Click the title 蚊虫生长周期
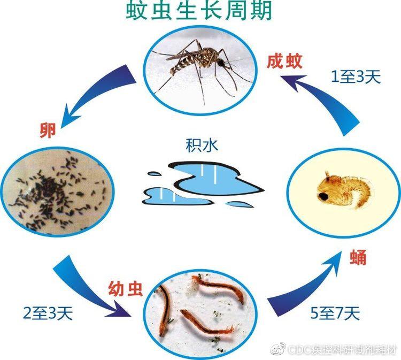[199, 11]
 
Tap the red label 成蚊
[284, 62]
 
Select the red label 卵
[48, 130]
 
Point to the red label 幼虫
[125, 289]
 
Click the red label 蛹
[358, 257]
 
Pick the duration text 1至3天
[356, 76]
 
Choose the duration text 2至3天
[48, 313]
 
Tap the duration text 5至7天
[335, 313]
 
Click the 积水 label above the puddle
[202, 145]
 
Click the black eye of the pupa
[323, 196]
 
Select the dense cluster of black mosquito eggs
[51, 190]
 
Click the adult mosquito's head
[220, 62]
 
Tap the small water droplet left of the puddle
[155, 174]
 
